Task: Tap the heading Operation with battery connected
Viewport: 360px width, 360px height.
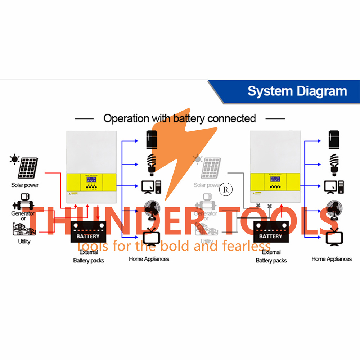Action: click(x=180, y=118)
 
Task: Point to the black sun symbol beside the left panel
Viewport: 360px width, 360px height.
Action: click(x=14, y=159)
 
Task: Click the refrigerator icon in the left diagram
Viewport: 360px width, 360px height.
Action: click(x=152, y=140)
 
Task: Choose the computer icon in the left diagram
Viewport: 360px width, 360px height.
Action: click(x=151, y=186)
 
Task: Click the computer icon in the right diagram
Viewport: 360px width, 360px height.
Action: click(x=334, y=186)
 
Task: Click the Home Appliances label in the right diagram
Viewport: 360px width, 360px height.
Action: click(x=332, y=259)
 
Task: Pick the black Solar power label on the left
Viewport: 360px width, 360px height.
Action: click(x=25, y=185)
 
